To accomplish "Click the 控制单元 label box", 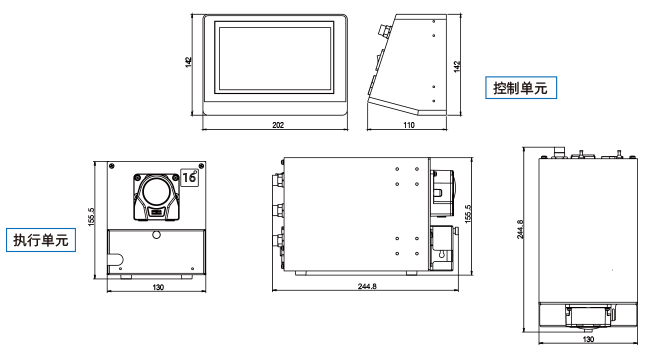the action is click(521, 88).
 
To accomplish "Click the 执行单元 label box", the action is click(41, 240).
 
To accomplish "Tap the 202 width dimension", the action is click(278, 125).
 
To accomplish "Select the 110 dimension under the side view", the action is click(409, 125).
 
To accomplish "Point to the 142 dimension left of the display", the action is click(188, 62).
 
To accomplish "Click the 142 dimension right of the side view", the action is click(457, 67).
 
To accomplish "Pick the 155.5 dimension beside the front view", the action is click(91, 216).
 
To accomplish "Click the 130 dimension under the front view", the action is click(158, 287).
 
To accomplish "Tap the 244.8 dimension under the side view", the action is click(367, 286).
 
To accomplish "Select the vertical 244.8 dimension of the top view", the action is click(520, 229).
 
